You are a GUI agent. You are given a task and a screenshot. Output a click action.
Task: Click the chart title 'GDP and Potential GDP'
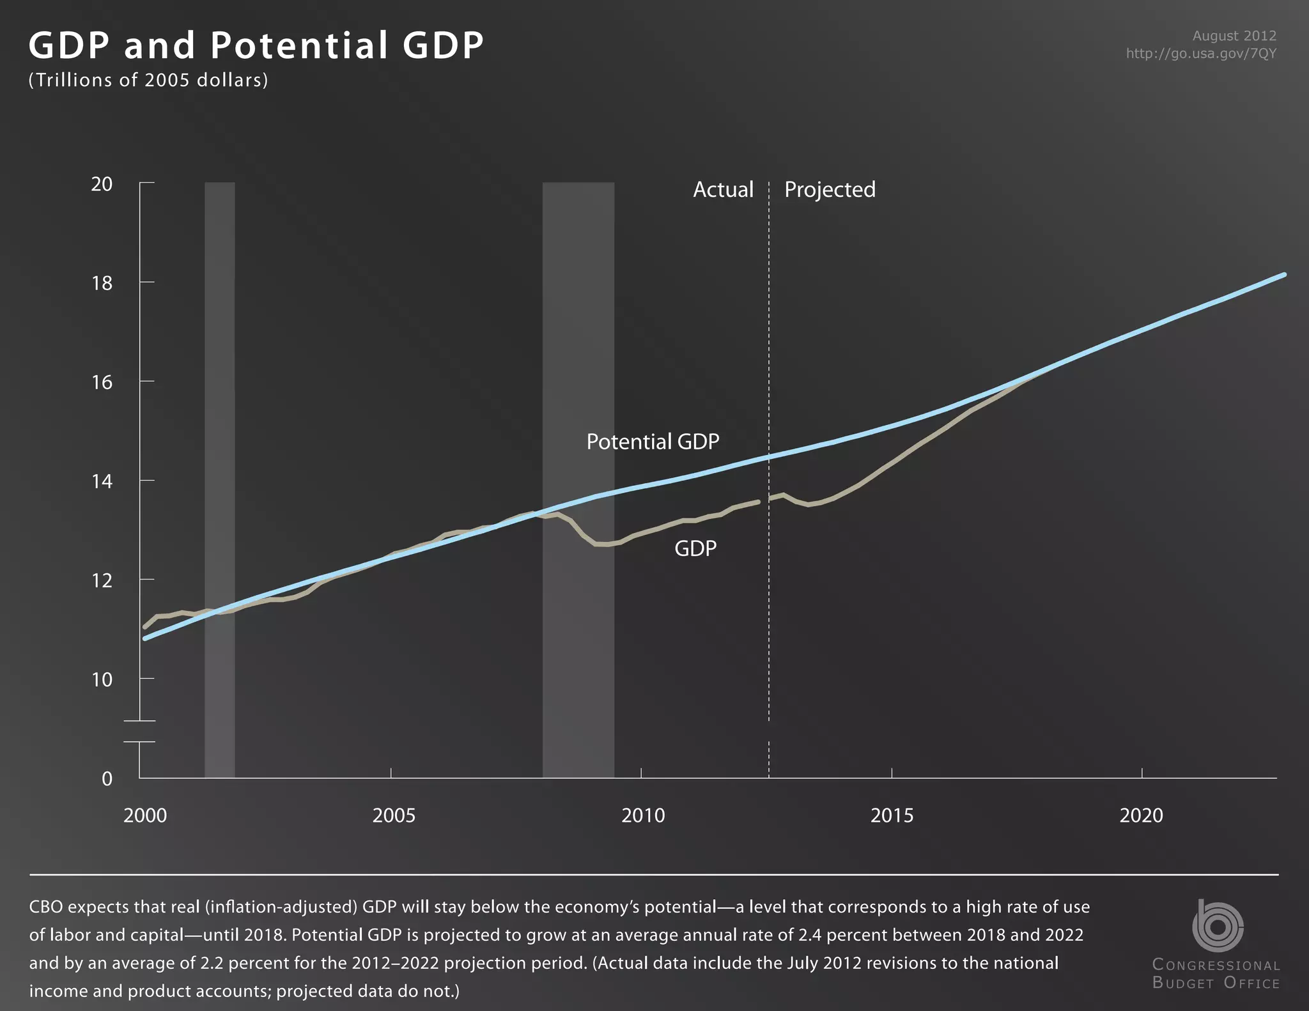[256, 46]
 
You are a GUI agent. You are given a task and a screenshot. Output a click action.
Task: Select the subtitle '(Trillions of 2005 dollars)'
[148, 80]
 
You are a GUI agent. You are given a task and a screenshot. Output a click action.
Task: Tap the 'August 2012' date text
[1234, 36]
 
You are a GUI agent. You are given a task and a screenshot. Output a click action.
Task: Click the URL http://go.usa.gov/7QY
[1201, 54]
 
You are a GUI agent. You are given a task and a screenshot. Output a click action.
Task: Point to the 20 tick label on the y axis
[102, 184]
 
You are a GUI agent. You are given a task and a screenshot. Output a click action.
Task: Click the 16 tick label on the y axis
[102, 382]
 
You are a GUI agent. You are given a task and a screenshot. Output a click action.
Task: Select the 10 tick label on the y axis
[102, 679]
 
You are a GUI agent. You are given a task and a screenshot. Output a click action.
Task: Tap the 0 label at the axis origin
[107, 778]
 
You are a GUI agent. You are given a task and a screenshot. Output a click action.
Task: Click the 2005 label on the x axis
[394, 815]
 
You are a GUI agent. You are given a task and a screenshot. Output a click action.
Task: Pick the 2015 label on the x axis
[892, 815]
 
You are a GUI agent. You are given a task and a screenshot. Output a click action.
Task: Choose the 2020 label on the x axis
[1141, 815]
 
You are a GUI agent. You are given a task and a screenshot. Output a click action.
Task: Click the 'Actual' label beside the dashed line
[723, 190]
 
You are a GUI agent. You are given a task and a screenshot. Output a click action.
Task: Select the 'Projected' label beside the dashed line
[830, 190]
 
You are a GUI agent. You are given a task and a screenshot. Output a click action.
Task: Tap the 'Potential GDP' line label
[653, 442]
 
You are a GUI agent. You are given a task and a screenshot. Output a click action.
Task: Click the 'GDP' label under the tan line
[695, 548]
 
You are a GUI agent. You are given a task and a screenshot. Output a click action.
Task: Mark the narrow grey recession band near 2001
[219, 447]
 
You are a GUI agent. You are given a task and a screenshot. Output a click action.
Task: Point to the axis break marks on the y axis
[139, 732]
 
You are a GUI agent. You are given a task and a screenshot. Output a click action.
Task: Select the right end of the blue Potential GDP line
[1283, 275]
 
